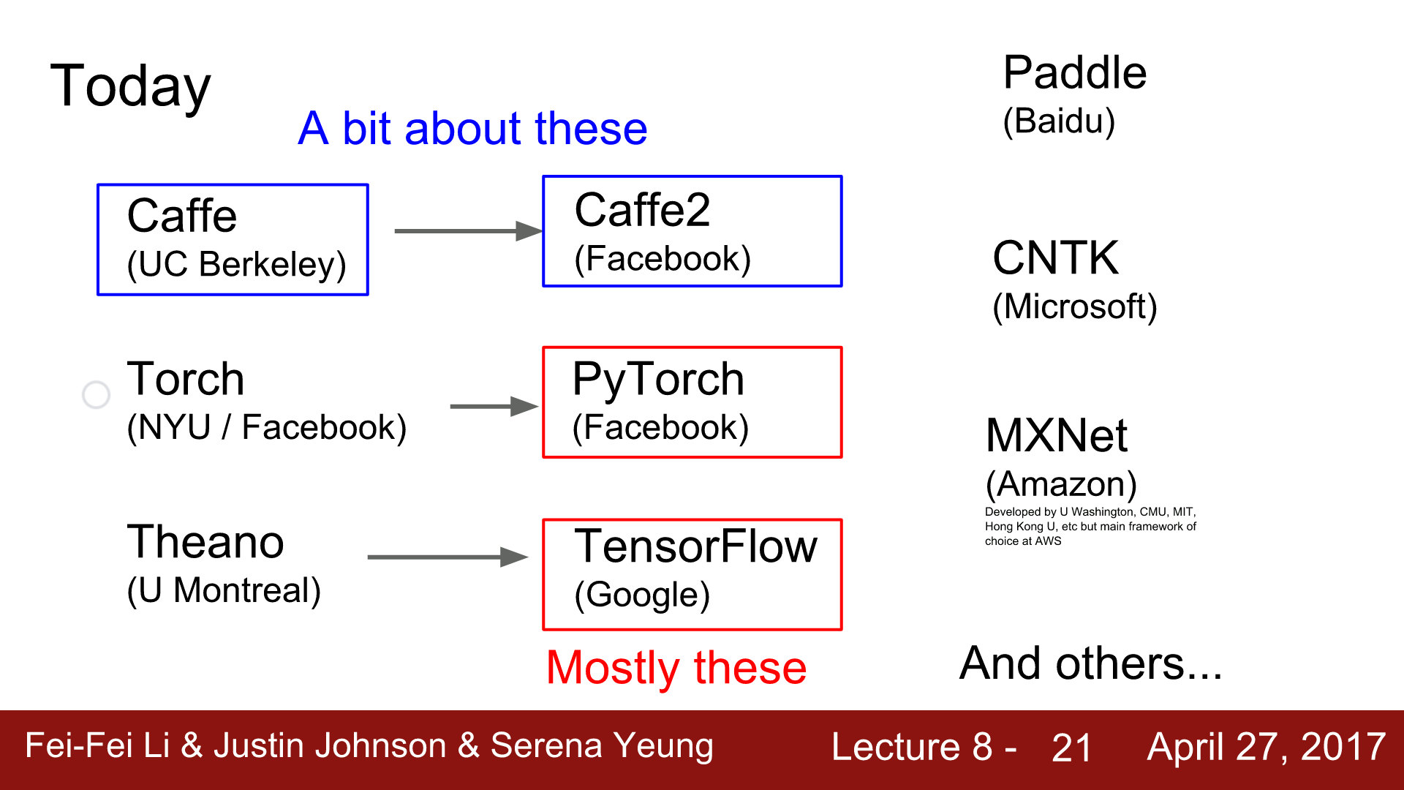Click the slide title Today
(x=130, y=86)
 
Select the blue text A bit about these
(x=472, y=129)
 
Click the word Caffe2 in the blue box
(x=642, y=211)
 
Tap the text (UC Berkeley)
(x=236, y=265)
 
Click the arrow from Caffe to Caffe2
(x=468, y=231)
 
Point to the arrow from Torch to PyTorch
(x=494, y=407)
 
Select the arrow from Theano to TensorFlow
(x=447, y=557)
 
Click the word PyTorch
(x=658, y=380)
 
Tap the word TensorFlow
(x=695, y=546)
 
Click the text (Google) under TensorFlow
(x=642, y=595)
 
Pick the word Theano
(x=205, y=542)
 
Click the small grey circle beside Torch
(x=96, y=395)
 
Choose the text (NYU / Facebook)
(x=266, y=428)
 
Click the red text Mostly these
(x=676, y=668)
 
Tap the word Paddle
(x=1074, y=73)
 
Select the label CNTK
(x=1055, y=258)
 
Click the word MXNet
(x=1056, y=436)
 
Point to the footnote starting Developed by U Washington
(x=1090, y=527)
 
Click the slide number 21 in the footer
(x=1071, y=748)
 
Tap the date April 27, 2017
(x=1266, y=748)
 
